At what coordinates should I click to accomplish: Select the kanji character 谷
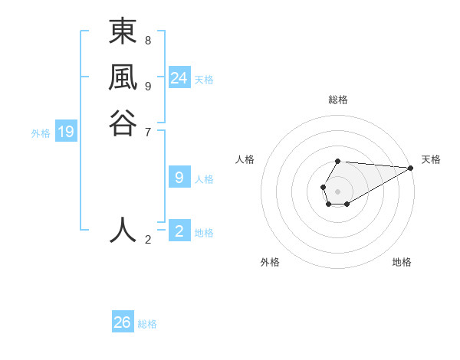coord(123,123)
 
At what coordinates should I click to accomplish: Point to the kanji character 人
coord(123,230)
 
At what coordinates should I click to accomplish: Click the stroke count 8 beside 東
coord(148,40)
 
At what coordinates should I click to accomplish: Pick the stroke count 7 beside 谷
coord(148,132)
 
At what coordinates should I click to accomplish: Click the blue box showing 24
coord(179,78)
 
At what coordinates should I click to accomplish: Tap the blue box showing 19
coord(66,133)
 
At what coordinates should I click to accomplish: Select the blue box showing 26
coord(123,322)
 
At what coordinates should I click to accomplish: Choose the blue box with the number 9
coord(179,178)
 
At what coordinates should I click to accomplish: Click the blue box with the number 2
coord(179,231)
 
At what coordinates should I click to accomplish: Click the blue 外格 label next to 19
coord(41,133)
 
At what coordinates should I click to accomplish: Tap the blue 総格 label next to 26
coord(147,324)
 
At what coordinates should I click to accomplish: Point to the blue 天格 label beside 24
coord(204,80)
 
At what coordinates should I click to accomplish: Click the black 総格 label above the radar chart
coord(338,100)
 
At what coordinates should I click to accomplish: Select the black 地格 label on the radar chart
coord(402,262)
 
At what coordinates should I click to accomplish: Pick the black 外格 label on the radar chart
coord(270,262)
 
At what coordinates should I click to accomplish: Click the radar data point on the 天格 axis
coord(411,168)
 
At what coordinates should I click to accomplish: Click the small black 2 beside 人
coord(148,240)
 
